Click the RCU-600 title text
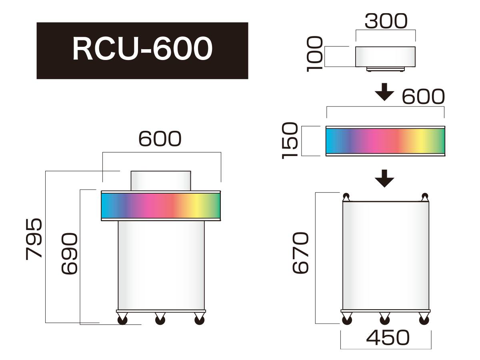click(142, 48)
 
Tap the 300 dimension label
click(386, 21)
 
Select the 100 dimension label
click(315, 54)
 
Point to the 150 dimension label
click(290, 140)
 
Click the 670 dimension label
click(300, 253)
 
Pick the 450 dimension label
click(388, 338)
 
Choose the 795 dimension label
click(34, 239)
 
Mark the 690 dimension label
click(69, 254)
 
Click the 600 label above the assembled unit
click(160, 138)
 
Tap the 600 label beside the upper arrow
click(423, 96)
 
